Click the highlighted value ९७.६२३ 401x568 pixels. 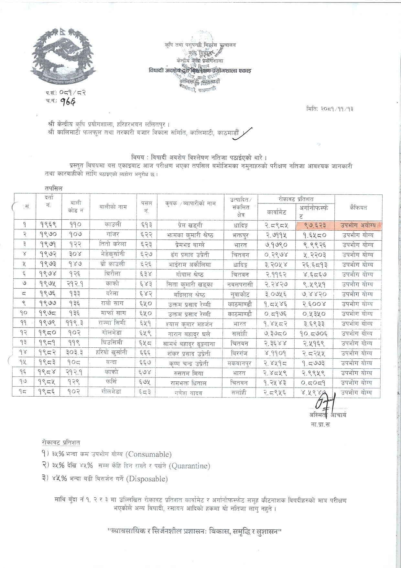click(x=314, y=225)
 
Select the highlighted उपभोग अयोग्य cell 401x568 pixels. click(x=357, y=225)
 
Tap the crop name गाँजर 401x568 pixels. click(x=113, y=234)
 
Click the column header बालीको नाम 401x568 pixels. click(x=113, y=207)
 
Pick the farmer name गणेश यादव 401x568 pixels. click(x=190, y=393)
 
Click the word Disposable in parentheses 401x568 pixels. click(x=147, y=479)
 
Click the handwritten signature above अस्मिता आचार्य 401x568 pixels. click(x=325, y=402)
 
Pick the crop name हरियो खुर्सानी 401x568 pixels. click(x=113, y=353)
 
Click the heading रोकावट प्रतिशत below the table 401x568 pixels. click(x=61, y=442)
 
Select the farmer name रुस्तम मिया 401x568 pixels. click(x=190, y=373)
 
